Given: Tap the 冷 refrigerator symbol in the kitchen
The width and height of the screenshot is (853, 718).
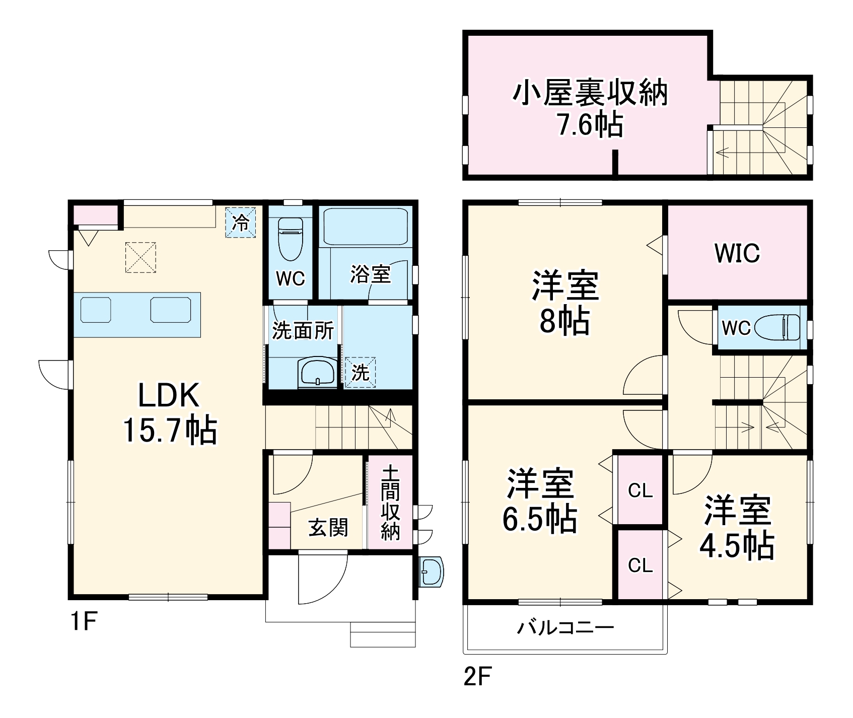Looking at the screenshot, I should [x=241, y=222].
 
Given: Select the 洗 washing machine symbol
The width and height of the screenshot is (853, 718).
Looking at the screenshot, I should [x=360, y=372].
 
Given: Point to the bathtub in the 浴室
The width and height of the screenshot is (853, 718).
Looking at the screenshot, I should [x=365, y=227].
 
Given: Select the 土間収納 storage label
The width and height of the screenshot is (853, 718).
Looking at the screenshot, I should [x=390, y=503].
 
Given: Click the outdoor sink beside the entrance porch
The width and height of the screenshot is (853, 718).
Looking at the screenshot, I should [x=431, y=571].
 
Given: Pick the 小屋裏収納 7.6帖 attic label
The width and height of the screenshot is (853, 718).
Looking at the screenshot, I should [x=590, y=108].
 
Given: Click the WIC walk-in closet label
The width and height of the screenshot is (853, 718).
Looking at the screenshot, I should [x=737, y=253].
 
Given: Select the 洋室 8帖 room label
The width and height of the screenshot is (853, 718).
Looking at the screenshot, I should [x=564, y=303].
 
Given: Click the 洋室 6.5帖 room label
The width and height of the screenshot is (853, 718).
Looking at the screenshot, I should [x=539, y=501].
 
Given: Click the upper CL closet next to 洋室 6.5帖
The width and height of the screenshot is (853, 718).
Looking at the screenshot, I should [x=640, y=490].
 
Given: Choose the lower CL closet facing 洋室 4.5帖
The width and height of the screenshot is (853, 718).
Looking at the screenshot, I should [x=640, y=565].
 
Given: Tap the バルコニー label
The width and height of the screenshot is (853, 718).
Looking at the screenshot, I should [x=566, y=627].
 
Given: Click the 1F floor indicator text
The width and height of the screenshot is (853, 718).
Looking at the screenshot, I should [x=83, y=623].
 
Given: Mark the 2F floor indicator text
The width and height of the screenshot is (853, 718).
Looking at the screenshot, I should [x=477, y=677].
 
